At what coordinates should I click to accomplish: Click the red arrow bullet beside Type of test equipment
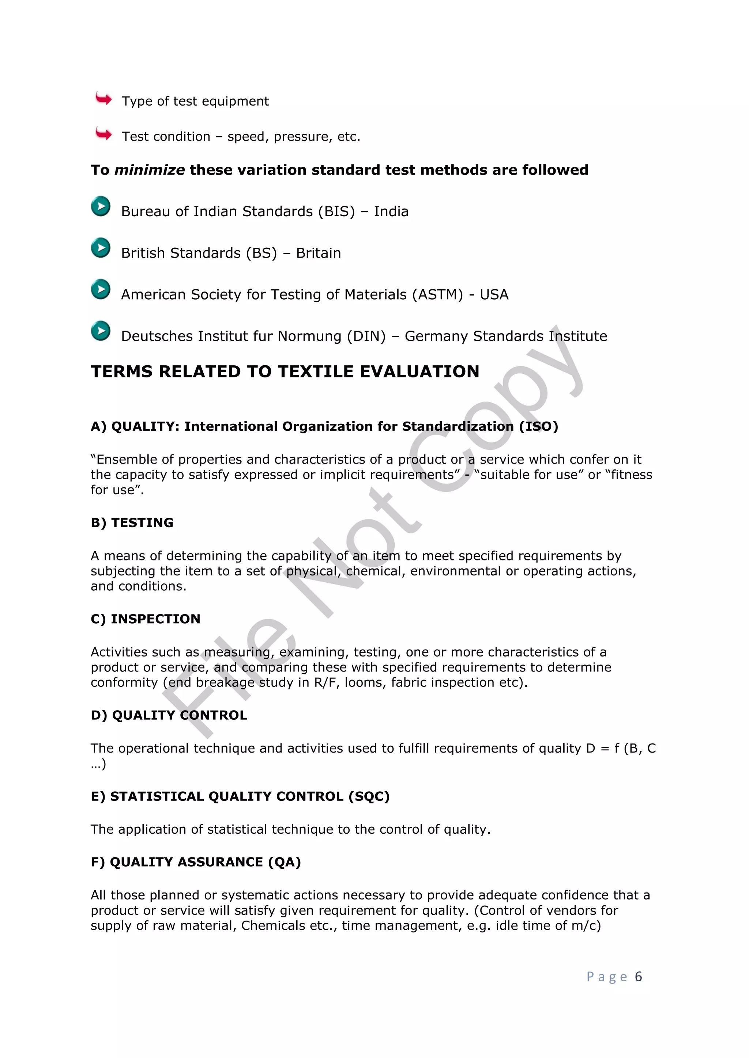(103, 99)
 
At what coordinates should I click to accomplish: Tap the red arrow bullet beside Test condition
(103, 134)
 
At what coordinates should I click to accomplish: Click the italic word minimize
(150, 170)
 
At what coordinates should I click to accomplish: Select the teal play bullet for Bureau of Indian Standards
(101, 206)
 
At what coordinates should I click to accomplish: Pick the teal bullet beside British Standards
(101, 248)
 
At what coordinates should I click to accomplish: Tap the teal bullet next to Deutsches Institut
(101, 331)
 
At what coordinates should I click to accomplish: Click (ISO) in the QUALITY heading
(538, 427)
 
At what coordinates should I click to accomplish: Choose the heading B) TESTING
(132, 522)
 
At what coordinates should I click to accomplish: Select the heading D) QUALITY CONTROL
(169, 715)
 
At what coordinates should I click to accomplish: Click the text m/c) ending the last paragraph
(586, 926)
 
